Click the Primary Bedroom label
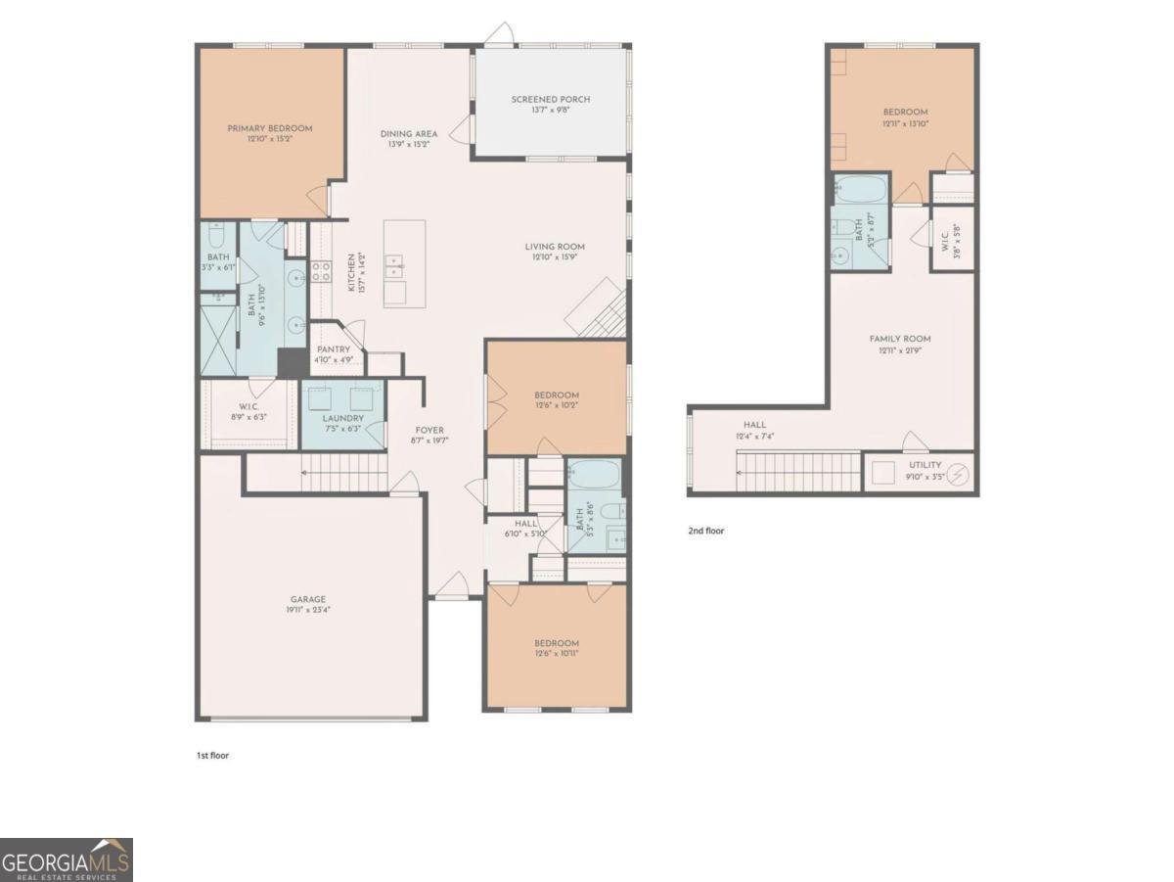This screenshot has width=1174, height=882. pos(270,128)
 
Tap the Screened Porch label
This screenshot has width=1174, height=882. pos(551,99)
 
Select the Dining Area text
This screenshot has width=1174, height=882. pos(409,133)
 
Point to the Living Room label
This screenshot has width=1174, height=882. pos(554,247)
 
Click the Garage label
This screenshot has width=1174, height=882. pos(307,599)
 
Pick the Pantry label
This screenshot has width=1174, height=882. pos(334,349)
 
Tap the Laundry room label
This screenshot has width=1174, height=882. pos(343,418)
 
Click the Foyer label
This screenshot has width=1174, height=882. pos(429,430)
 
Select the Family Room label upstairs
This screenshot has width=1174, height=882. pos(900,339)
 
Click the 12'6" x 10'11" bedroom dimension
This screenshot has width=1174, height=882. pos(557,653)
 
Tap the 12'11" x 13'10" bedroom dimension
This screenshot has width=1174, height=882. pos(905,123)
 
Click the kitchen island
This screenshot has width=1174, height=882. pos(405,262)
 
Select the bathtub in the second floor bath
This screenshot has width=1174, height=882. pos(861,189)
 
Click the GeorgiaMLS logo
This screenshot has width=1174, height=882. pos(66,859)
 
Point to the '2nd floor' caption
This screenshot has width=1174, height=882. pos(706,532)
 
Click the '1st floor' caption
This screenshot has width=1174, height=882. pos(212,756)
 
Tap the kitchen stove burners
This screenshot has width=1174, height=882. pos(320,271)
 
